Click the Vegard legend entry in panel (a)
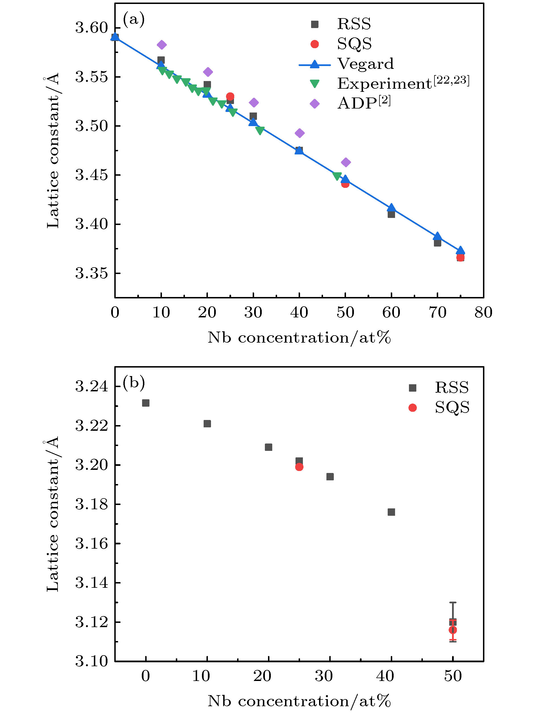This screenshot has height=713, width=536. click(x=365, y=64)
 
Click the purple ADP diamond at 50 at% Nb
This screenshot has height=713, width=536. click(x=346, y=162)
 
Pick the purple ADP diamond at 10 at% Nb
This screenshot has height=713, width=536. click(x=162, y=45)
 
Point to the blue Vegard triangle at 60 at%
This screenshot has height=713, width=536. click(x=391, y=208)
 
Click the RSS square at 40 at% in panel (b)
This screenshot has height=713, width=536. click(x=391, y=512)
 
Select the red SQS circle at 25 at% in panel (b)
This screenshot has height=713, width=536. click(x=299, y=467)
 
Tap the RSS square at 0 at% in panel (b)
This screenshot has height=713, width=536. click(x=146, y=403)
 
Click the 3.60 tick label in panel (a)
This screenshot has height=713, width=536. click(x=91, y=28)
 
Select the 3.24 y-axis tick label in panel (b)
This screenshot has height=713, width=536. click(x=91, y=386)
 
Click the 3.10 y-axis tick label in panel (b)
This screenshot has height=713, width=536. click(x=91, y=661)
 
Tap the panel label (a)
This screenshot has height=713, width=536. click(x=134, y=20)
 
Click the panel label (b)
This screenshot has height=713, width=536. click(x=134, y=383)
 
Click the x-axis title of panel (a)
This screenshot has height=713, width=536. click(x=299, y=338)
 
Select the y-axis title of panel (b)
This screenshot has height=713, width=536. click(x=52, y=514)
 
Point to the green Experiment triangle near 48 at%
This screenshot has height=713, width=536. click(x=337, y=176)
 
